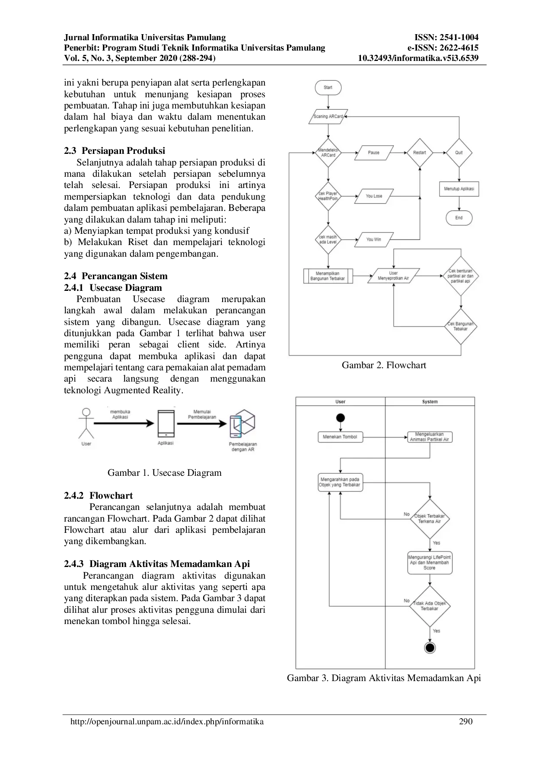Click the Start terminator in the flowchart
click(x=328, y=88)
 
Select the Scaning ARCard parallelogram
click(x=328, y=117)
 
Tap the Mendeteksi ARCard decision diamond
click(x=328, y=153)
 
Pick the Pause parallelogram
click(x=374, y=153)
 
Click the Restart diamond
click(x=419, y=153)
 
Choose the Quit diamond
click(x=459, y=153)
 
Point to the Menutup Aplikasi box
click(x=459, y=189)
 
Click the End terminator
click(x=459, y=218)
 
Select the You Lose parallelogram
click(x=374, y=196)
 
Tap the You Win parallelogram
click(x=374, y=239)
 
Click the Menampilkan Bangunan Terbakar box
click(x=328, y=276)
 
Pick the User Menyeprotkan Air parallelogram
click(x=393, y=276)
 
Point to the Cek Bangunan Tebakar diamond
click(x=460, y=326)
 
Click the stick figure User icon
click(x=86, y=423)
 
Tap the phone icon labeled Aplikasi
click(x=166, y=424)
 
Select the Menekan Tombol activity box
click(x=340, y=437)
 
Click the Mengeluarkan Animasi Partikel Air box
click(x=429, y=437)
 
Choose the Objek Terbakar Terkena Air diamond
click(x=429, y=519)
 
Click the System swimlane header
click(x=430, y=401)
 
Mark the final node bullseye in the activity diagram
click(x=430, y=647)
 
